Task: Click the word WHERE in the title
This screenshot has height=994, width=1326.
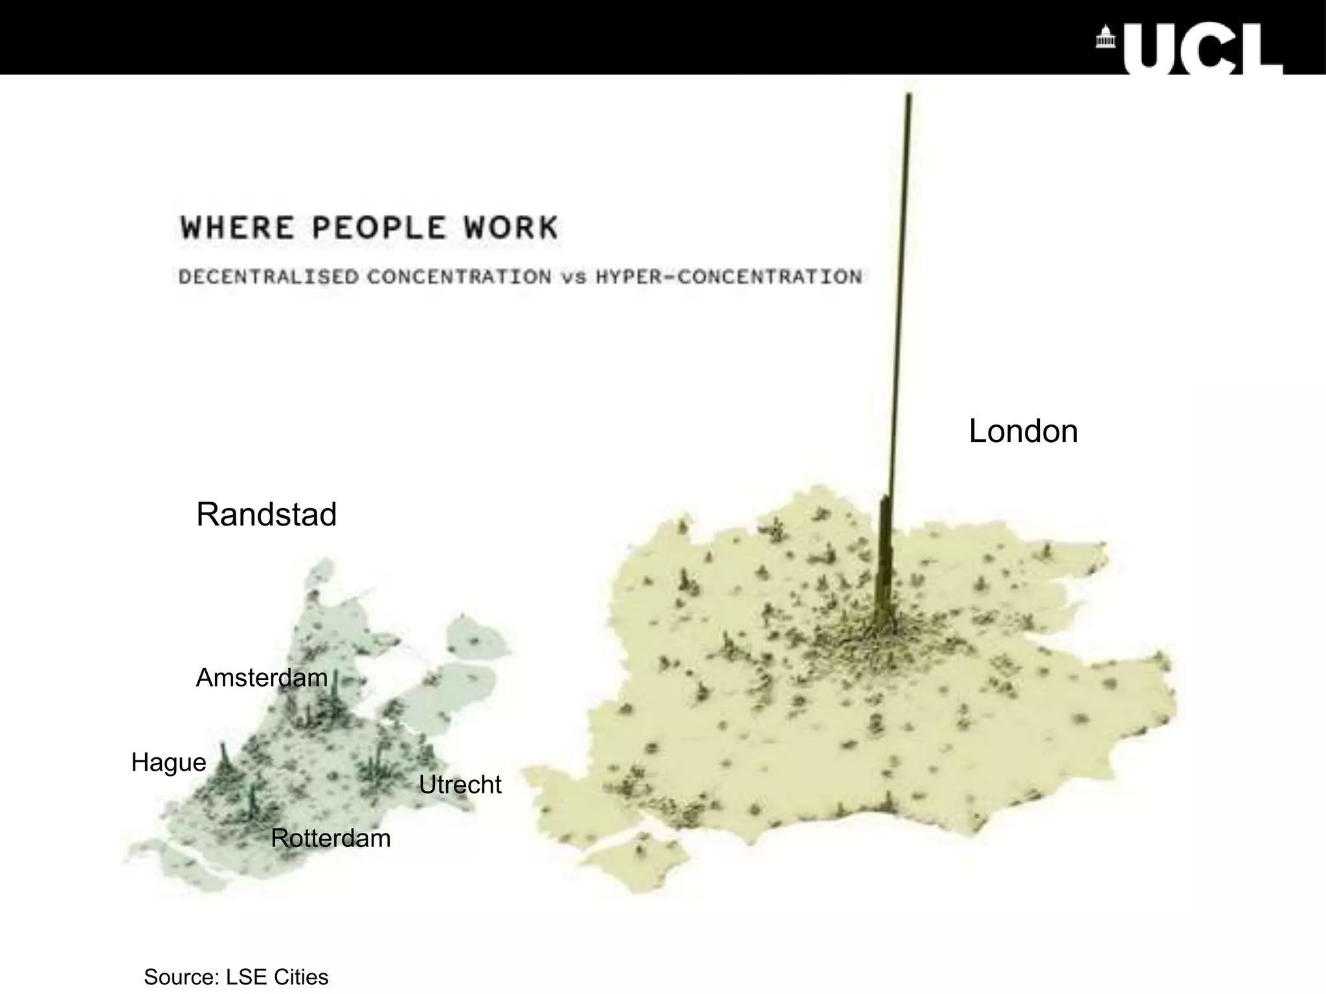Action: (x=237, y=228)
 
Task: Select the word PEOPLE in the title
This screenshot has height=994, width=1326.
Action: (x=379, y=228)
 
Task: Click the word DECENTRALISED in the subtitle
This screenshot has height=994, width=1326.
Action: (x=269, y=277)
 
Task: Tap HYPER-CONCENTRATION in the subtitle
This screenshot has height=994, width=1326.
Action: (x=729, y=277)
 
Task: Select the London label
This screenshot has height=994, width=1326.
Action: (x=1023, y=431)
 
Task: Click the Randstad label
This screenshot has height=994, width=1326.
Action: (x=266, y=514)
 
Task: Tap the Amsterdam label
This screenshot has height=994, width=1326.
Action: (x=262, y=678)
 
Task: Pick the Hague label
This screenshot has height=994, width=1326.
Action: (x=168, y=762)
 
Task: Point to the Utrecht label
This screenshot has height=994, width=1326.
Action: (x=460, y=784)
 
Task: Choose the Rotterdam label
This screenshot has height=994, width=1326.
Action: (x=330, y=838)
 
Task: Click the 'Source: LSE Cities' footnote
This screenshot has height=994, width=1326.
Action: (x=236, y=977)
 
